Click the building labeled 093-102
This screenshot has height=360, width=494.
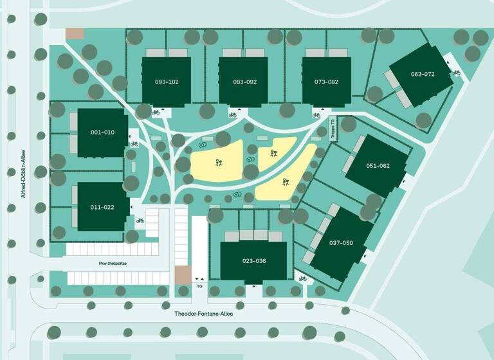167,82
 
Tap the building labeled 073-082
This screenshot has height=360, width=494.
326,82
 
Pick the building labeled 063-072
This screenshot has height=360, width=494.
423,75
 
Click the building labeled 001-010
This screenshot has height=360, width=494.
102,132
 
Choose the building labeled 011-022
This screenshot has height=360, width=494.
102,207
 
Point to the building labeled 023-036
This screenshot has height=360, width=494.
254,261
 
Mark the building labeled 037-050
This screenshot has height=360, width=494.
341,243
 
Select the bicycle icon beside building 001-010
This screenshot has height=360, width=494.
134,144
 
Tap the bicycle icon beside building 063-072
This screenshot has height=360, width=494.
457,73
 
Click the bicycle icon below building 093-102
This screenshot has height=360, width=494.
155,113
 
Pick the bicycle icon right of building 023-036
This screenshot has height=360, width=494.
302,279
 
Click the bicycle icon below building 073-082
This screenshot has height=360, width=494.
316,115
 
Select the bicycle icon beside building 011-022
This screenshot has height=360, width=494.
140,221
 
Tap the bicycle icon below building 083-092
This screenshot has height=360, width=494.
232,115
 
